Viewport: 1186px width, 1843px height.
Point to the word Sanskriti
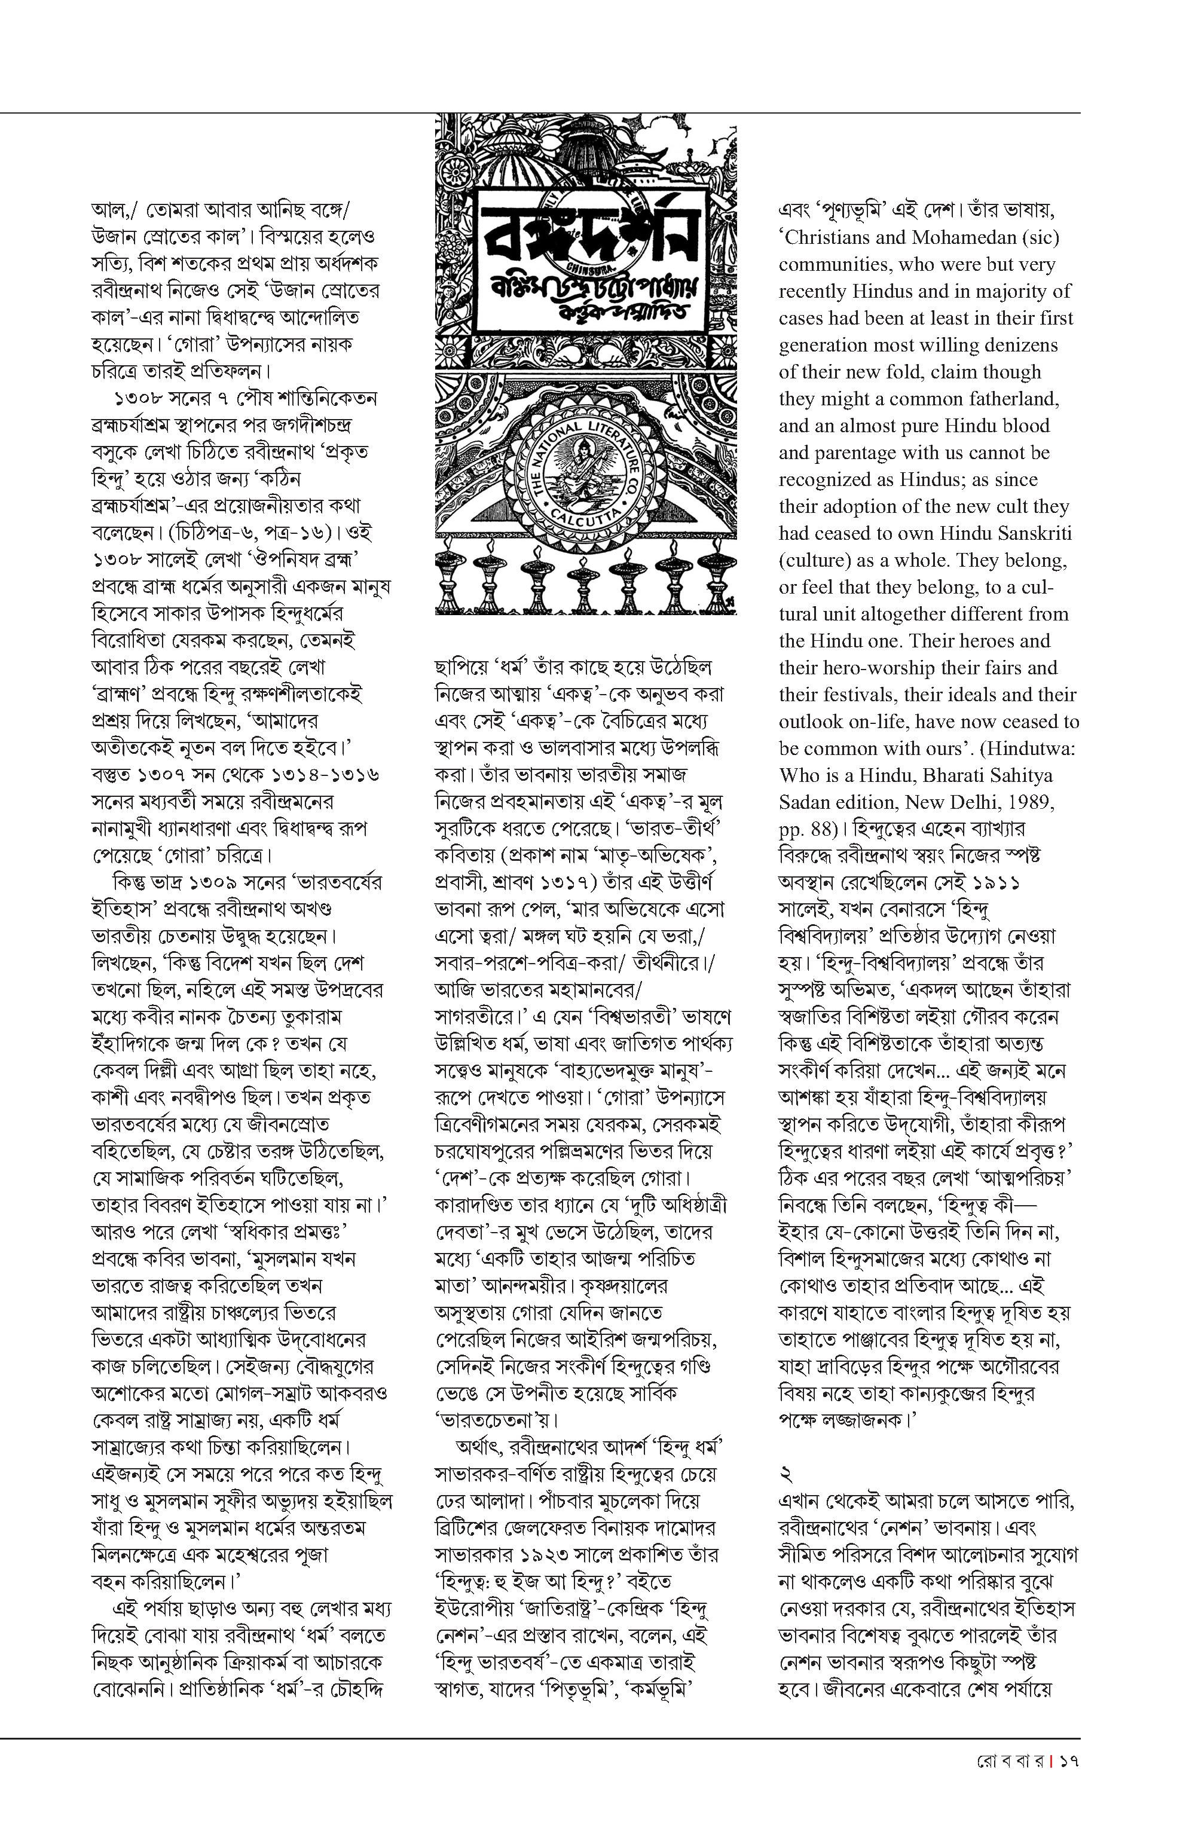(1028, 533)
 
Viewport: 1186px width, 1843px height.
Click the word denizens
(1016, 345)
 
